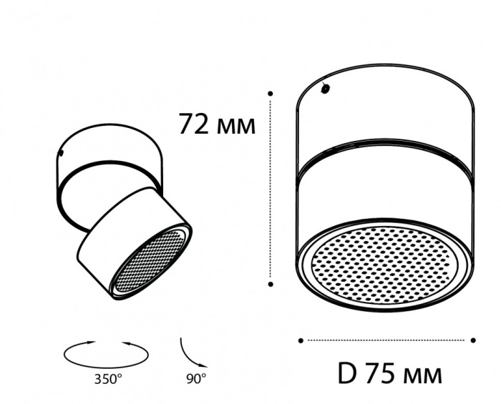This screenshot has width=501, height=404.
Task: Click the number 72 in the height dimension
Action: tap(194, 125)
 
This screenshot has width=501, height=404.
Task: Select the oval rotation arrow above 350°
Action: tap(107, 353)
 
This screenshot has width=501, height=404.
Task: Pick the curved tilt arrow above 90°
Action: tap(190, 353)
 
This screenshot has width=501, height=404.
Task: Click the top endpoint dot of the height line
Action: tap(271, 93)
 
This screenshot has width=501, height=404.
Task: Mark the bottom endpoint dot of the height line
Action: tap(271, 284)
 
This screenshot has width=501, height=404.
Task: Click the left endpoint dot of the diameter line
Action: tap(301, 340)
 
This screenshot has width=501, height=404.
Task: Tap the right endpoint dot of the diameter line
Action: tap(474, 340)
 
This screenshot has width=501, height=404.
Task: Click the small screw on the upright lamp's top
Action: tap(326, 89)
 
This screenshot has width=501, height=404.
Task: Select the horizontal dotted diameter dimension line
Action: tap(386, 340)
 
